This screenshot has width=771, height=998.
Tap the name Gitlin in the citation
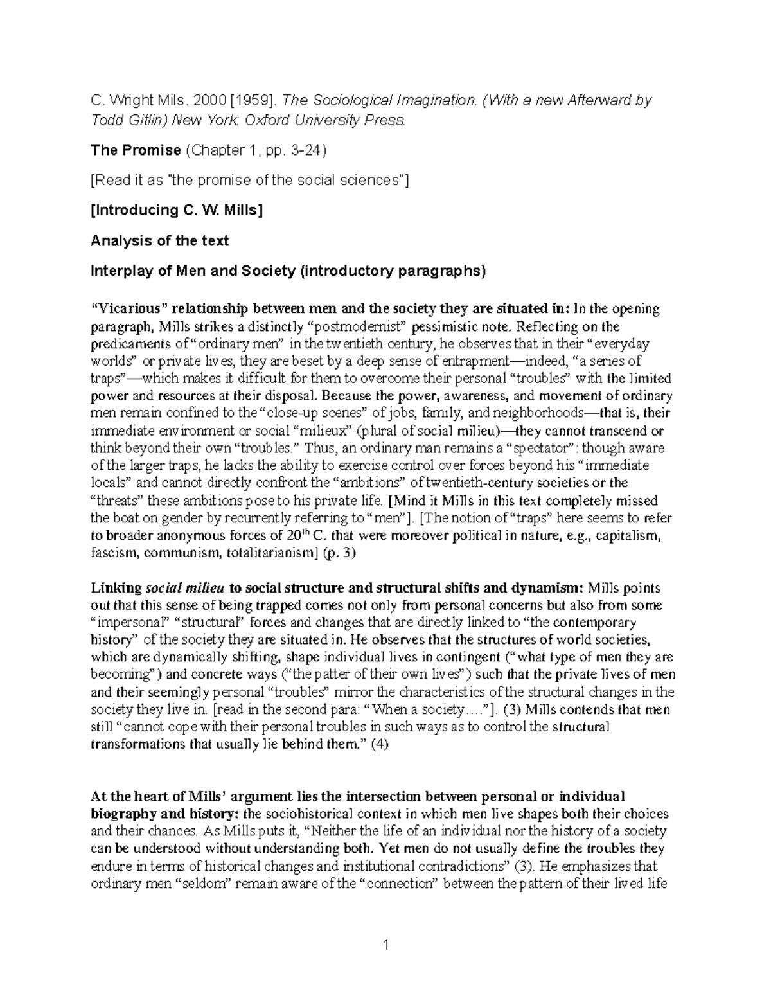[x=136, y=120]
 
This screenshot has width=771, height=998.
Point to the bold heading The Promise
[x=136, y=150]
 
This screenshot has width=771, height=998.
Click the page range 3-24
[x=305, y=150]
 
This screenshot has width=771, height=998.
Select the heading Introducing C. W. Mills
[x=177, y=211]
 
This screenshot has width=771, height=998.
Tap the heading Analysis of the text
[x=159, y=241]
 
